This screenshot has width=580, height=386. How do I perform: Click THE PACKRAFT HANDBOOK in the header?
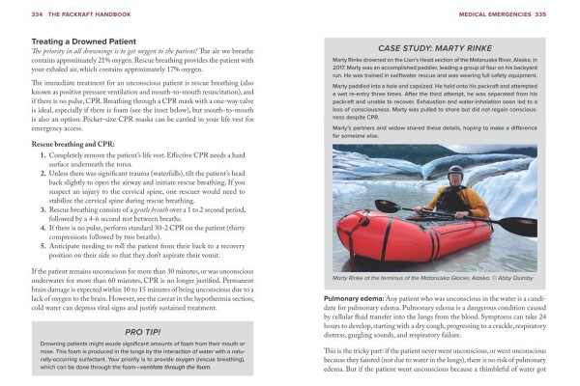pyautogui.click(x=86, y=14)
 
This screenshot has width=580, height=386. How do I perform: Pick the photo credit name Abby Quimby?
pyautogui.click(x=516, y=278)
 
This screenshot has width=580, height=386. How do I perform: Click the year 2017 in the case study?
pyautogui.click(x=340, y=69)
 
